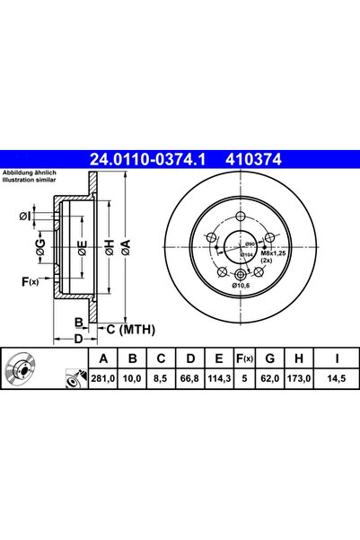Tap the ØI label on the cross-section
(28, 216)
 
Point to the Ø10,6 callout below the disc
(241, 286)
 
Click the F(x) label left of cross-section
(29, 282)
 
